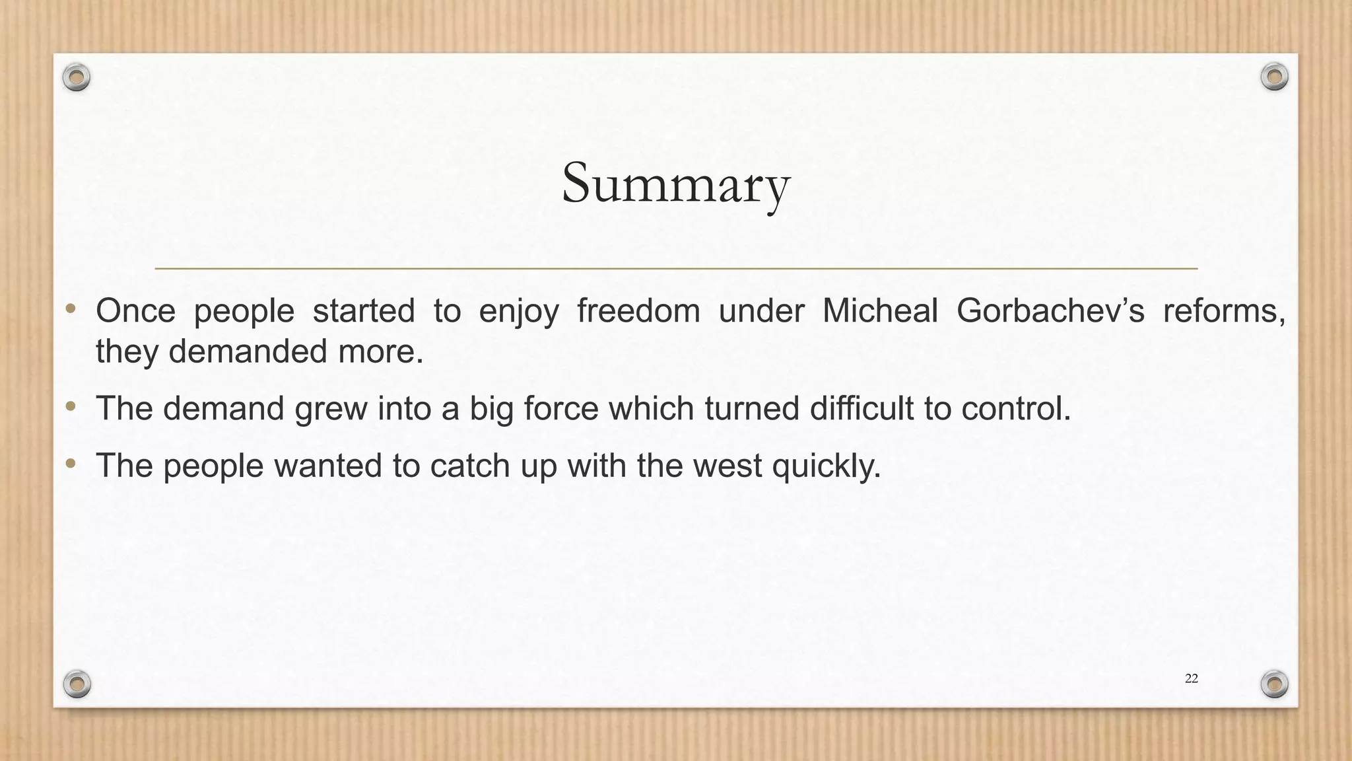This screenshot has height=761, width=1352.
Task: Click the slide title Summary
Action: pyautogui.click(x=675, y=184)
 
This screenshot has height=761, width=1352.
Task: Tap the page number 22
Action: pyautogui.click(x=1191, y=678)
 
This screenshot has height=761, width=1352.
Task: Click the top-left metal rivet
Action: pyautogui.click(x=77, y=78)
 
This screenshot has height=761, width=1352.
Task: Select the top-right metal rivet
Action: pyautogui.click(x=1274, y=77)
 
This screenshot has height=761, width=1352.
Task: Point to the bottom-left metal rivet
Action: pyautogui.click(x=77, y=684)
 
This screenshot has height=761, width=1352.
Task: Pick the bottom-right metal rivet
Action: pyautogui.click(x=1275, y=684)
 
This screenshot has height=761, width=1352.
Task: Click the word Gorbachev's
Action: pyautogui.click(x=1050, y=310)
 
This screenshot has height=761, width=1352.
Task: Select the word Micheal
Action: pyautogui.click(x=879, y=310)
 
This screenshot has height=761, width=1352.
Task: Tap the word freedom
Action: pyautogui.click(x=638, y=310)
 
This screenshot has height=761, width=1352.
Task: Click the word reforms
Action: pyautogui.click(x=1223, y=310)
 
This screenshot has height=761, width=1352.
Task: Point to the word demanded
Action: pyautogui.click(x=248, y=351)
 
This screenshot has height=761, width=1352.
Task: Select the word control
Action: pyautogui.click(x=1015, y=408)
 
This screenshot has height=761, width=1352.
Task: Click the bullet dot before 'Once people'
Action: pyautogui.click(x=71, y=309)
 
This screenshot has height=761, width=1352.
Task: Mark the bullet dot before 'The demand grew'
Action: pyautogui.click(x=71, y=406)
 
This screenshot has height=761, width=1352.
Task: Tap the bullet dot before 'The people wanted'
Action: pyautogui.click(x=71, y=464)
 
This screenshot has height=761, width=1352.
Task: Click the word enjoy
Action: pyautogui.click(x=518, y=312)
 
